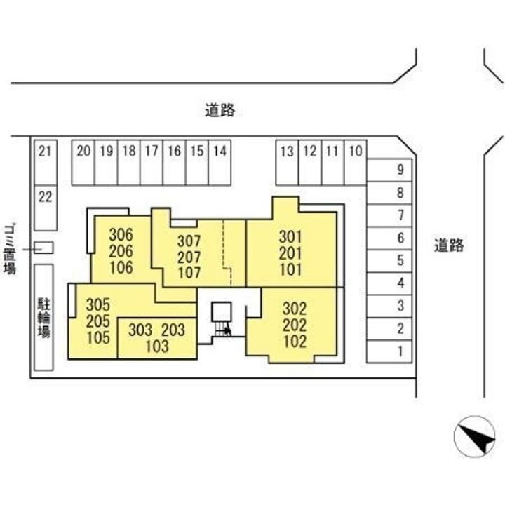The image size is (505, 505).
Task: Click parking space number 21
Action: tap(46, 163)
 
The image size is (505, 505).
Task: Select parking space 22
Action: tap(46, 208)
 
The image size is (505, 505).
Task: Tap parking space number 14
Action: tap(220, 163)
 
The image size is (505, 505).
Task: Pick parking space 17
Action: tap(151, 163)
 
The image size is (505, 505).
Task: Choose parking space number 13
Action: tap(288, 163)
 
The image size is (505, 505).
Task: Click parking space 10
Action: tap(356, 163)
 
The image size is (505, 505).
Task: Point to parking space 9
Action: tap(389, 170)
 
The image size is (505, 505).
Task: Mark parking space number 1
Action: tap(389, 351)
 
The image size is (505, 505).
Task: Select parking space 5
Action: tap(389, 261)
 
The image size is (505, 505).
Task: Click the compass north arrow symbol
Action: tap(474, 436)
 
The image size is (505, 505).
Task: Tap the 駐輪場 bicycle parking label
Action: tap(43, 318)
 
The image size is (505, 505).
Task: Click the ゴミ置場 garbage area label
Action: tap(10, 250)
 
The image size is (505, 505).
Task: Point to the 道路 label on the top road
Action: tap(220, 111)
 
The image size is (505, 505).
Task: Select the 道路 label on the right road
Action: tap(449, 245)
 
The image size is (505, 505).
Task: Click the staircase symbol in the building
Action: tap(222, 320)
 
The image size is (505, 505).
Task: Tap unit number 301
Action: tap(290, 237)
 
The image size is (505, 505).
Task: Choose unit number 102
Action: tap(295, 342)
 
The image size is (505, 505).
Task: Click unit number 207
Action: tap(189, 257)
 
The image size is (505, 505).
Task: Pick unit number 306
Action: tap(121, 235)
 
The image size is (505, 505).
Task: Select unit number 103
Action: tap(157, 346)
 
